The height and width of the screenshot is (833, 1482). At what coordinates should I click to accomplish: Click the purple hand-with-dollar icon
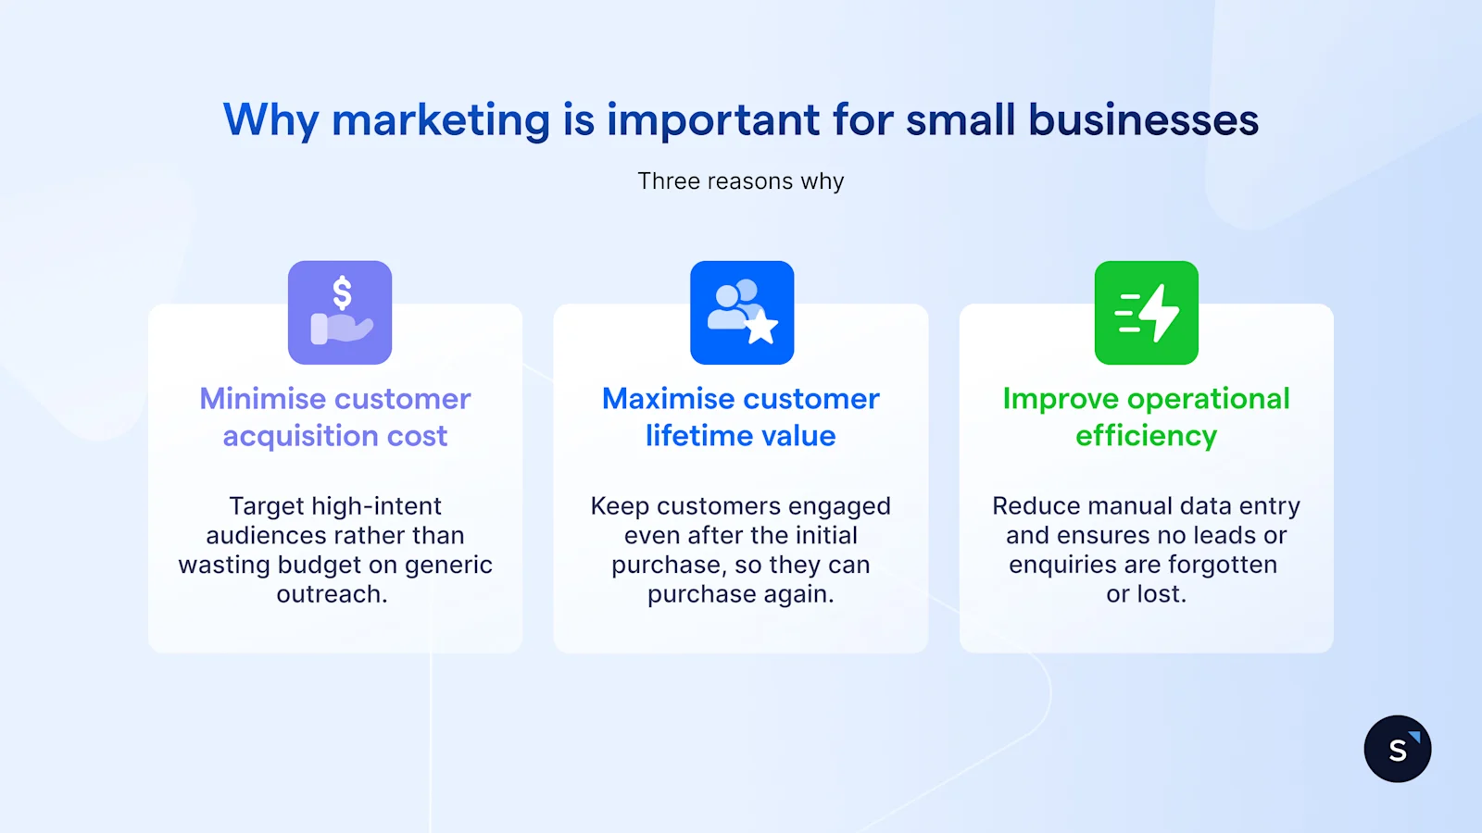coord(340,313)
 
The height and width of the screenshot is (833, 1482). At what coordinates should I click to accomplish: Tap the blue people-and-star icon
coord(742,313)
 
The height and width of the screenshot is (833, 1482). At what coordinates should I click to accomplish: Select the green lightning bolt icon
coord(1147,313)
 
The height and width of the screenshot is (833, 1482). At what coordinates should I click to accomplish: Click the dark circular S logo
coord(1397,749)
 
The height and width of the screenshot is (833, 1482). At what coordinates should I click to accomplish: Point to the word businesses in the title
coord(1143,120)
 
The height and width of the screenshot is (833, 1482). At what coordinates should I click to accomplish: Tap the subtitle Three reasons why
coord(741,181)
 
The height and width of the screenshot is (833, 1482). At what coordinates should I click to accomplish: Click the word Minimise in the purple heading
coord(262,399)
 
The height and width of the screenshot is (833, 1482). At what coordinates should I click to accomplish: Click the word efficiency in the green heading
coord(1147,436)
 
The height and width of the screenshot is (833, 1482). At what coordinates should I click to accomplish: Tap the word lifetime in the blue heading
coord(689,436)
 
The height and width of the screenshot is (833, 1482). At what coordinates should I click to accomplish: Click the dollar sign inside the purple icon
coord(342,293)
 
